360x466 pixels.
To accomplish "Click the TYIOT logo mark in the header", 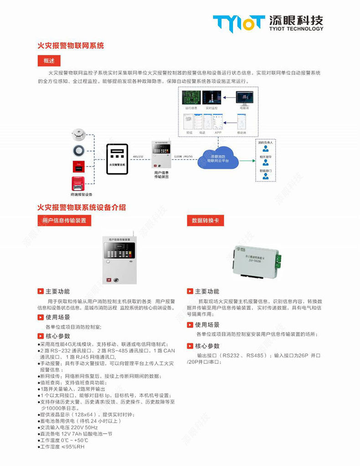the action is (238, 23).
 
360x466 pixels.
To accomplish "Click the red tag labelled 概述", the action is (49, 61).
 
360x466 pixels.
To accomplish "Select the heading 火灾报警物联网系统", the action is (71, 46).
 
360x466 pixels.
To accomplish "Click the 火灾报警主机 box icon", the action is (118, 159).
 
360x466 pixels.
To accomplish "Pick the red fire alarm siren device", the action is (78, 183).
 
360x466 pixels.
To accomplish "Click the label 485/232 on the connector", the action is (138, 156).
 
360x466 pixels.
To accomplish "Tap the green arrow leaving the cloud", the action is (247, 160).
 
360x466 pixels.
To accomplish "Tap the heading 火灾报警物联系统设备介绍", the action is (82, 207).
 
